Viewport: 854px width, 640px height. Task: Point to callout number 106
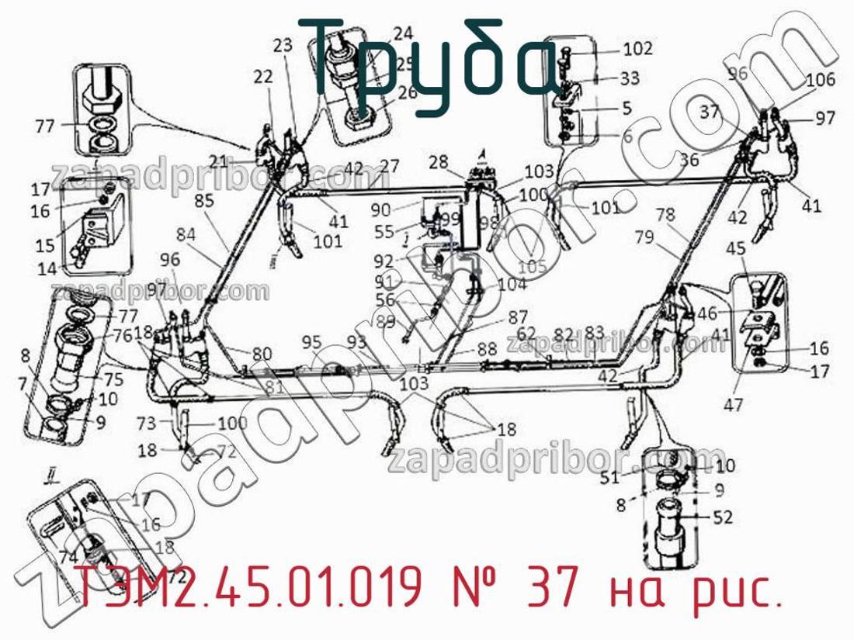tap(821, 79)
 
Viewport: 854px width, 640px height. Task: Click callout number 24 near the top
tap(403, 33)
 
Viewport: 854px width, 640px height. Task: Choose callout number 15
tap(46, 245)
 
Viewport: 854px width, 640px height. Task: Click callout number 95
tap(311, 342)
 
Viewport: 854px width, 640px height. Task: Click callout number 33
tap(630, 78)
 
